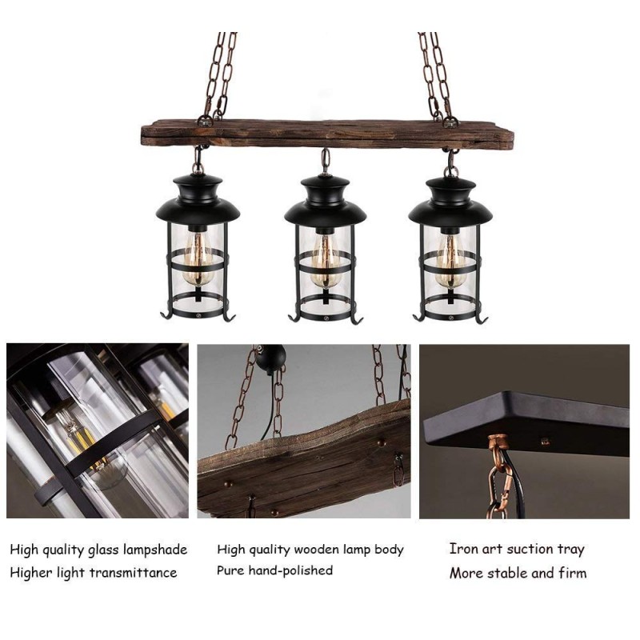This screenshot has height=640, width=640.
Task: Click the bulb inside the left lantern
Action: tap(198, 258)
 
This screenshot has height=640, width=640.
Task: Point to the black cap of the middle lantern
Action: tap(325, 202)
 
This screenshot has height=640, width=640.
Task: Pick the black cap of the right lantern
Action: tap(450, 202)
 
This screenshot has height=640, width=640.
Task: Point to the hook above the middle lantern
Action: tap(326, 161)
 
